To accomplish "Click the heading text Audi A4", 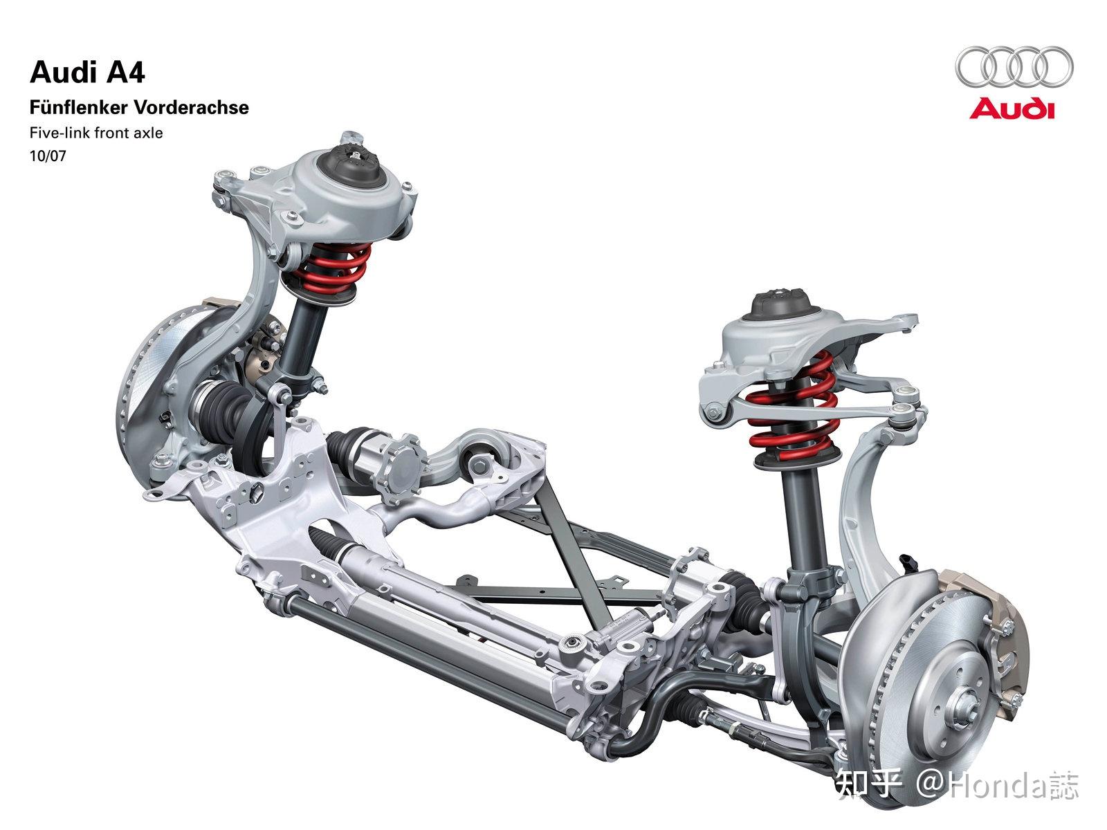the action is coord(87,73).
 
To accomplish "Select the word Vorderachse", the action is coord(191,107).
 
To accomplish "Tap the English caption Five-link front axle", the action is coord(96,133).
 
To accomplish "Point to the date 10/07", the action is coord(48,156).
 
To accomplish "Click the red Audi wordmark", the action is coord(1012,109).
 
